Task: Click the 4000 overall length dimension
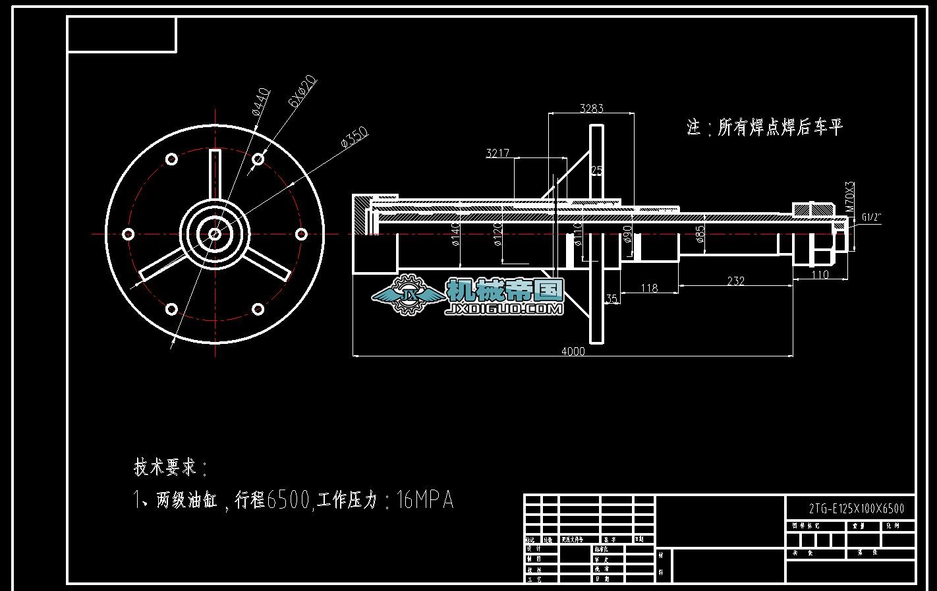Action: tap(573, 351)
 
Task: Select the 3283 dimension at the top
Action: tap(591, 108)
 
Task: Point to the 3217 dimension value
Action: tap(497, 154)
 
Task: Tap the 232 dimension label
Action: tap(735, 281)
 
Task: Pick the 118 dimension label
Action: tap(649, 288)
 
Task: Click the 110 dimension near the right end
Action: tap(819, 275)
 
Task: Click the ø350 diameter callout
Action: tap(354, 137)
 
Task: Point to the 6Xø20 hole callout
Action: tap(303, 91)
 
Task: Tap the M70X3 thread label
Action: tap(849, 196)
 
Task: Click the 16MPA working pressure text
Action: tap(426, 501)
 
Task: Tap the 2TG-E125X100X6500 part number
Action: tap(856, 509)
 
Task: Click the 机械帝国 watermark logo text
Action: tap(505, 290)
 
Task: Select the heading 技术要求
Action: tap(166, 468)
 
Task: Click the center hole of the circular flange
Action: tap(215, 233)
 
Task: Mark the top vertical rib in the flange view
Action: tap(215, 173)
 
